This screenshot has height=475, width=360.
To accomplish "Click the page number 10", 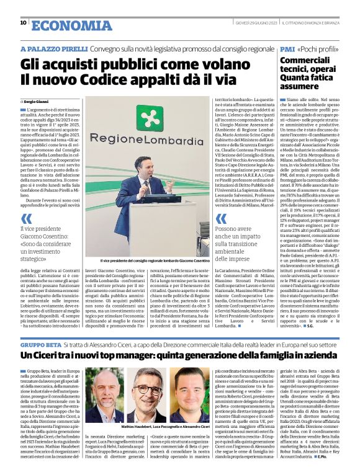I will click(x=23, y=23).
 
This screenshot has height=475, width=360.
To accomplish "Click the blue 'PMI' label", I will click(x=287, y=48).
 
